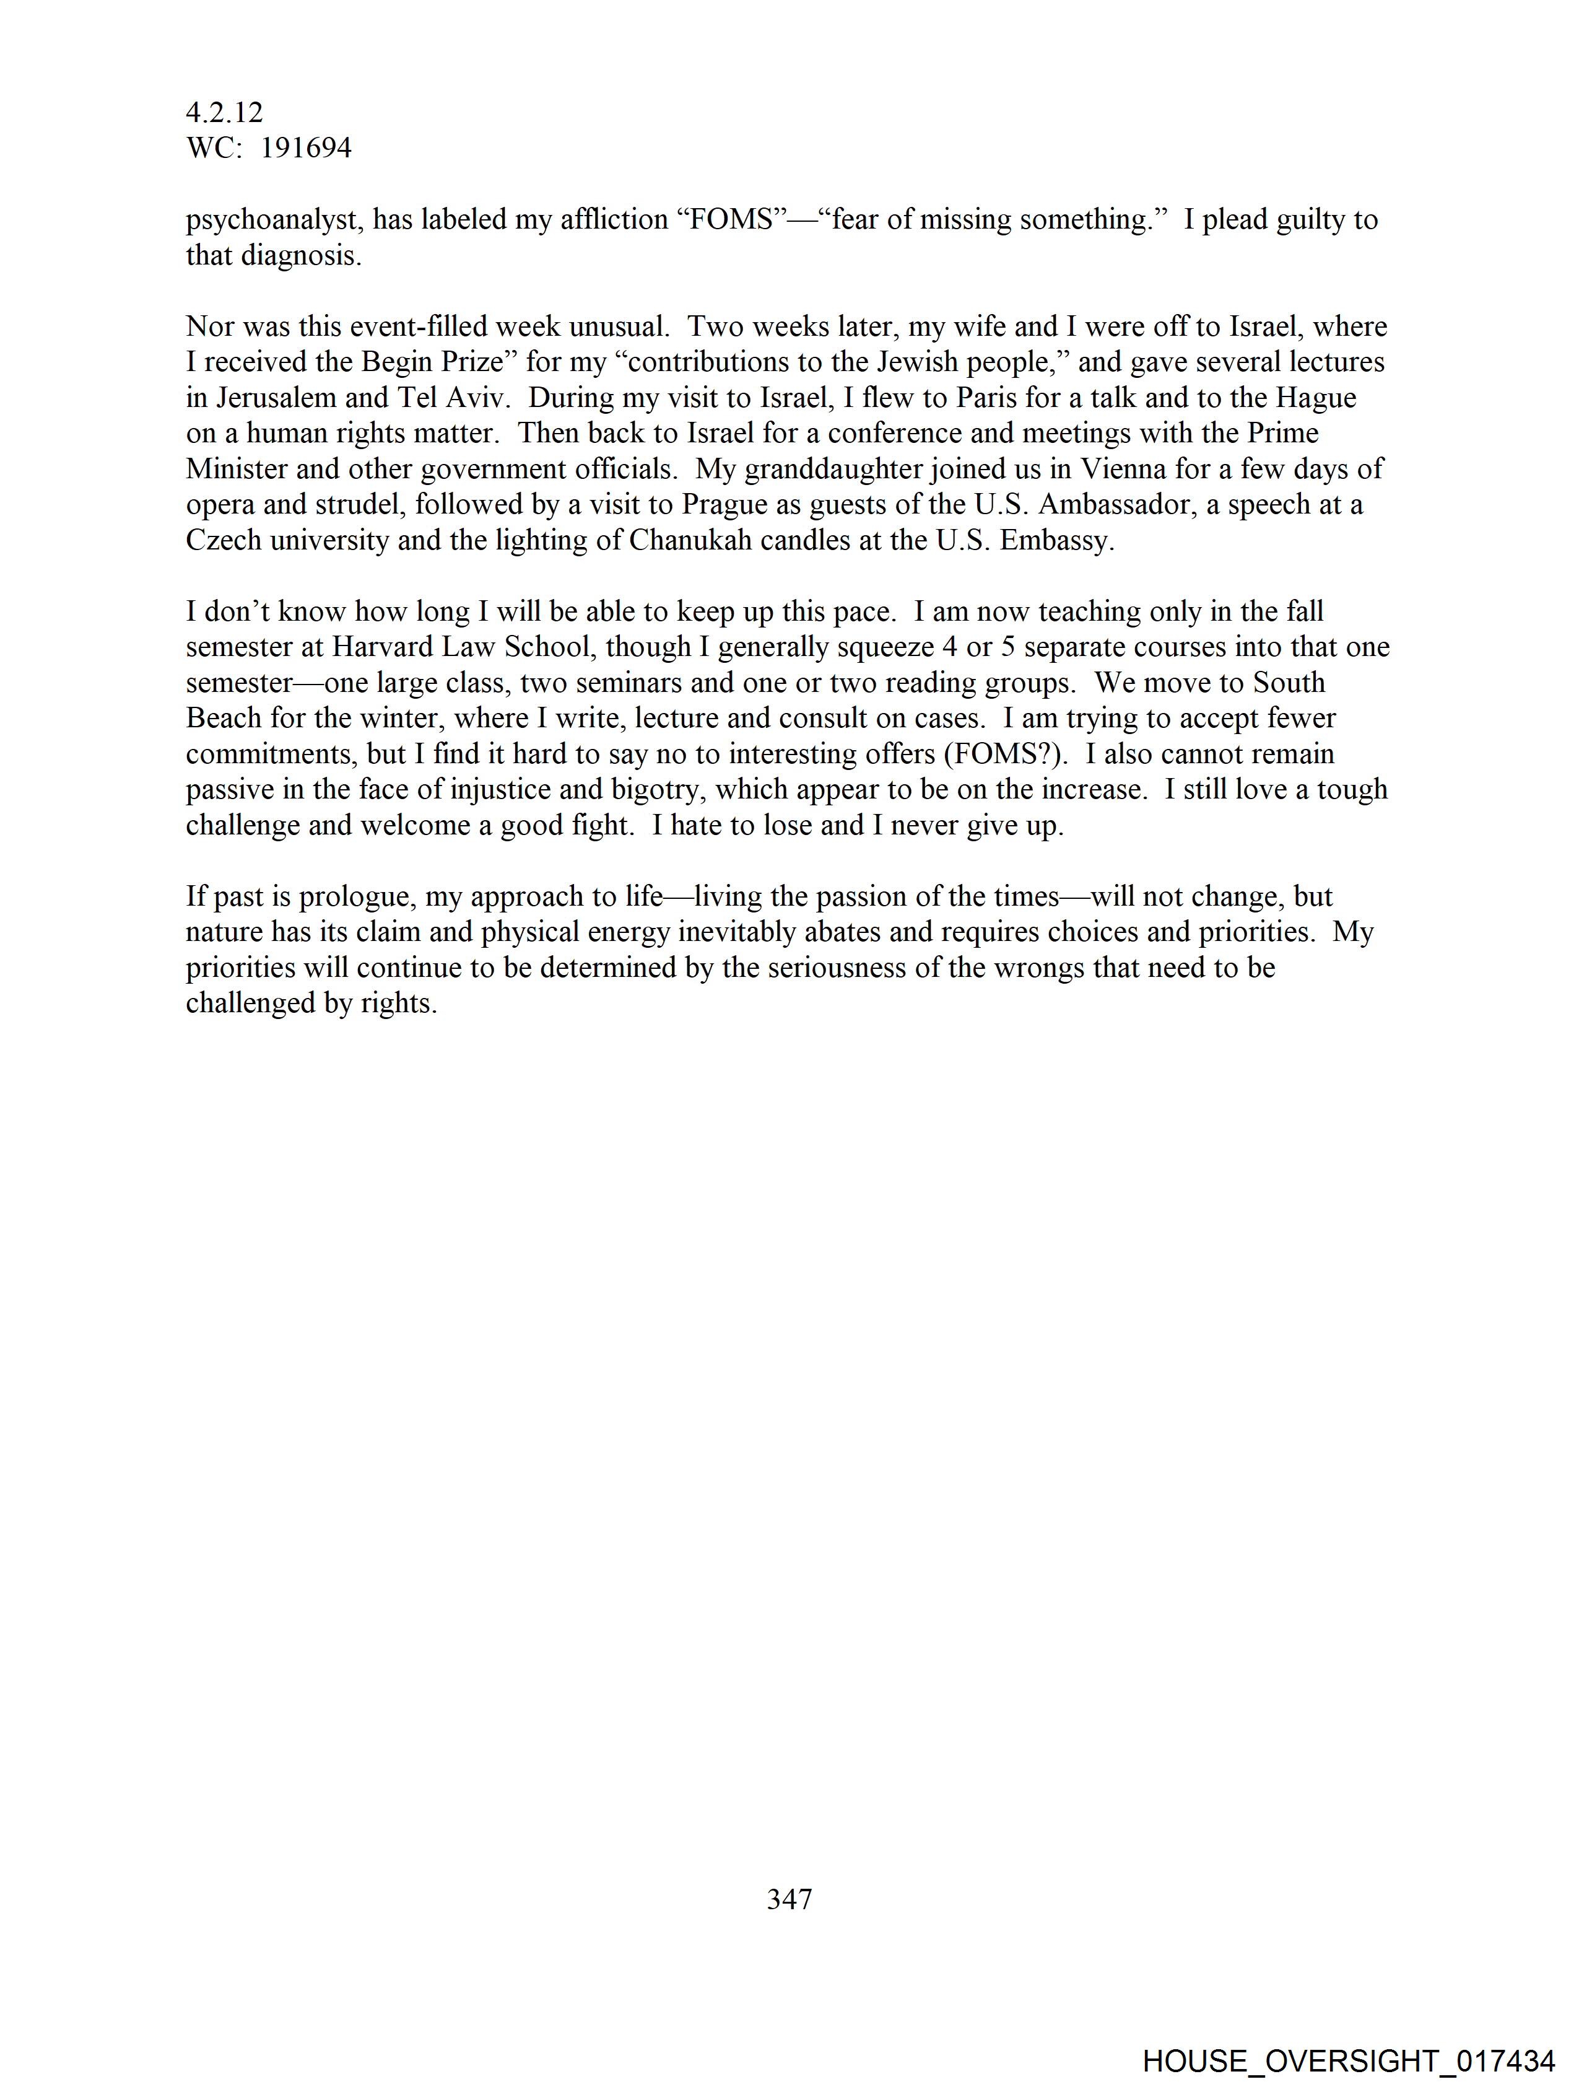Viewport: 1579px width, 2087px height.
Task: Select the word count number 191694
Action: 306,148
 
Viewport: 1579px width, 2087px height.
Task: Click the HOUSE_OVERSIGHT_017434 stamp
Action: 1349,2060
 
